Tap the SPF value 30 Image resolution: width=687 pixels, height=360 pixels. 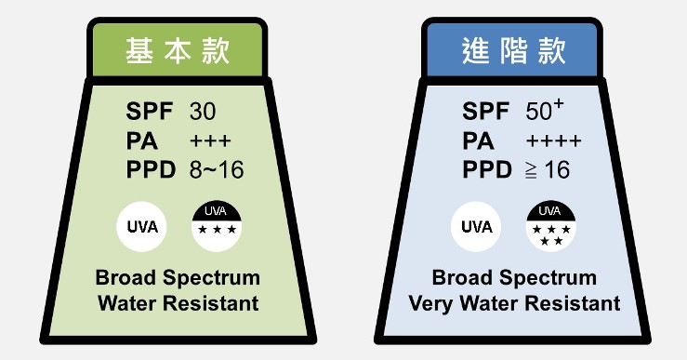coord(203,112)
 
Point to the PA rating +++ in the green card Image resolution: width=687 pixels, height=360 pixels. coord(209,141)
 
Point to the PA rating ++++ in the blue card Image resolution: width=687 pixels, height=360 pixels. coord(553,141)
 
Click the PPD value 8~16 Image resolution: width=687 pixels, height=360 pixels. coord(217,170)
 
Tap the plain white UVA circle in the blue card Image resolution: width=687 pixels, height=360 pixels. coord(477,226)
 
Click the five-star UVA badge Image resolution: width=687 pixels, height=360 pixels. coord(550,226)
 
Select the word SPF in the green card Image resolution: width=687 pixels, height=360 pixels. coord(148,112)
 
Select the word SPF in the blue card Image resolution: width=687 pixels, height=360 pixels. coord(485,112)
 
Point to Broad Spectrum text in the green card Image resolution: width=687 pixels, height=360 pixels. coord(178,278)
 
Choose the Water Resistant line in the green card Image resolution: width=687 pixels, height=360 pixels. coord(178,303)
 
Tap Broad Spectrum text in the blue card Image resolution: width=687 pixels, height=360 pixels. coord(514,278)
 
